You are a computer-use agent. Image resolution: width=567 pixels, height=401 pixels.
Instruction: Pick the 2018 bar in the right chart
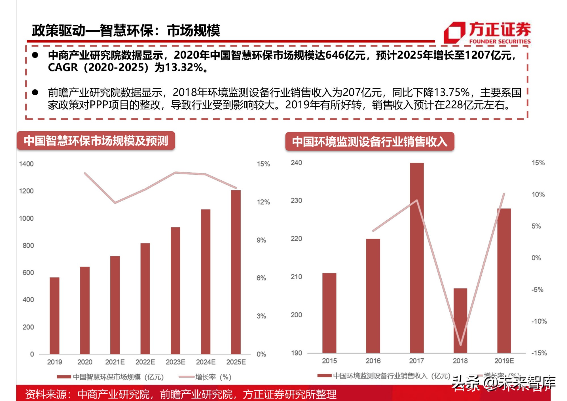click(x=460, y=320)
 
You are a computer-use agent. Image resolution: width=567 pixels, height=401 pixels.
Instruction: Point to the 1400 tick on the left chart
click(x=26, y=164)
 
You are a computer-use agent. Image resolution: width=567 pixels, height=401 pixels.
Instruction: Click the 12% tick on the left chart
click(x=263, y=202)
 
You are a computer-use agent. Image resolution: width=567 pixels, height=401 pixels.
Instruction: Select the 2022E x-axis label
click(x=145, y=362)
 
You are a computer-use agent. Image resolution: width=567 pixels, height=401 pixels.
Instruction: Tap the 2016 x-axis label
click(x=373, y=361)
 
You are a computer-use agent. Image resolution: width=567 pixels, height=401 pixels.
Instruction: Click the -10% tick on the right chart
click(x=539, y=321)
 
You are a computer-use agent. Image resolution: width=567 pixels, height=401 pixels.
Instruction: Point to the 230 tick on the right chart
click(x=296, y=201)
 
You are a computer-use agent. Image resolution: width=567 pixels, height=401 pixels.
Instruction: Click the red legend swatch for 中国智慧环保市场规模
click(x=64, y=377)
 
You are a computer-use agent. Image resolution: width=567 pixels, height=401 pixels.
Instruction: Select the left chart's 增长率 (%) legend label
click(x=213, y=377)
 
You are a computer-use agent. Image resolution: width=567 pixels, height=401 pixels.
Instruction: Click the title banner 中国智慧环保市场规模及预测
click(x=96, y=141)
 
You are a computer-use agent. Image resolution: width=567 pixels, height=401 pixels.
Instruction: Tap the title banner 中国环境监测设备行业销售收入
click(x=369, y=142)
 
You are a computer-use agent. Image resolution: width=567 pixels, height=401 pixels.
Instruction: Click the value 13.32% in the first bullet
click(x=184, y=67)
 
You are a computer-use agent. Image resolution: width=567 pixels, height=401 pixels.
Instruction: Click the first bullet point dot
click(x=35, y=55)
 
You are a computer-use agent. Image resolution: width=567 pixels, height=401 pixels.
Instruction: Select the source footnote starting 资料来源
click(x=181, y=394)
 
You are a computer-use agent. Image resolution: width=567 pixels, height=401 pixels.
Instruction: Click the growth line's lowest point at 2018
click(x=460, y=345)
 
